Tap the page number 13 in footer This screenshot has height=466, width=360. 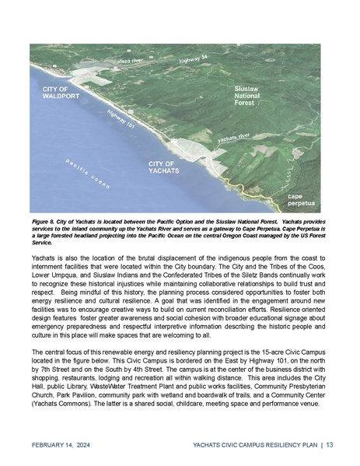click(x=330, y=445)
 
